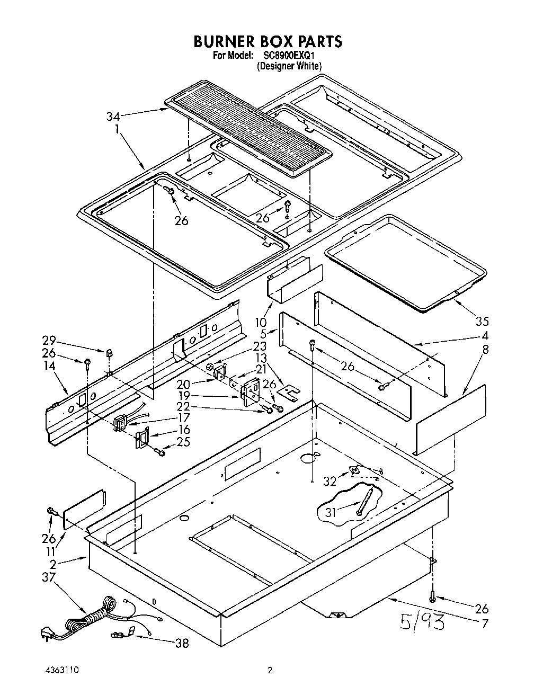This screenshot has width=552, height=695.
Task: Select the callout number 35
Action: click(482, 321)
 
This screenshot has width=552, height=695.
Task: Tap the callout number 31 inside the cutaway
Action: click(330, 512)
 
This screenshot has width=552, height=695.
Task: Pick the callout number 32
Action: click(330, 481)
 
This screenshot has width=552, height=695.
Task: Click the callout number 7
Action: click(484, 623)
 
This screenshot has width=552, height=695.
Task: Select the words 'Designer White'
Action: click(289, 66)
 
